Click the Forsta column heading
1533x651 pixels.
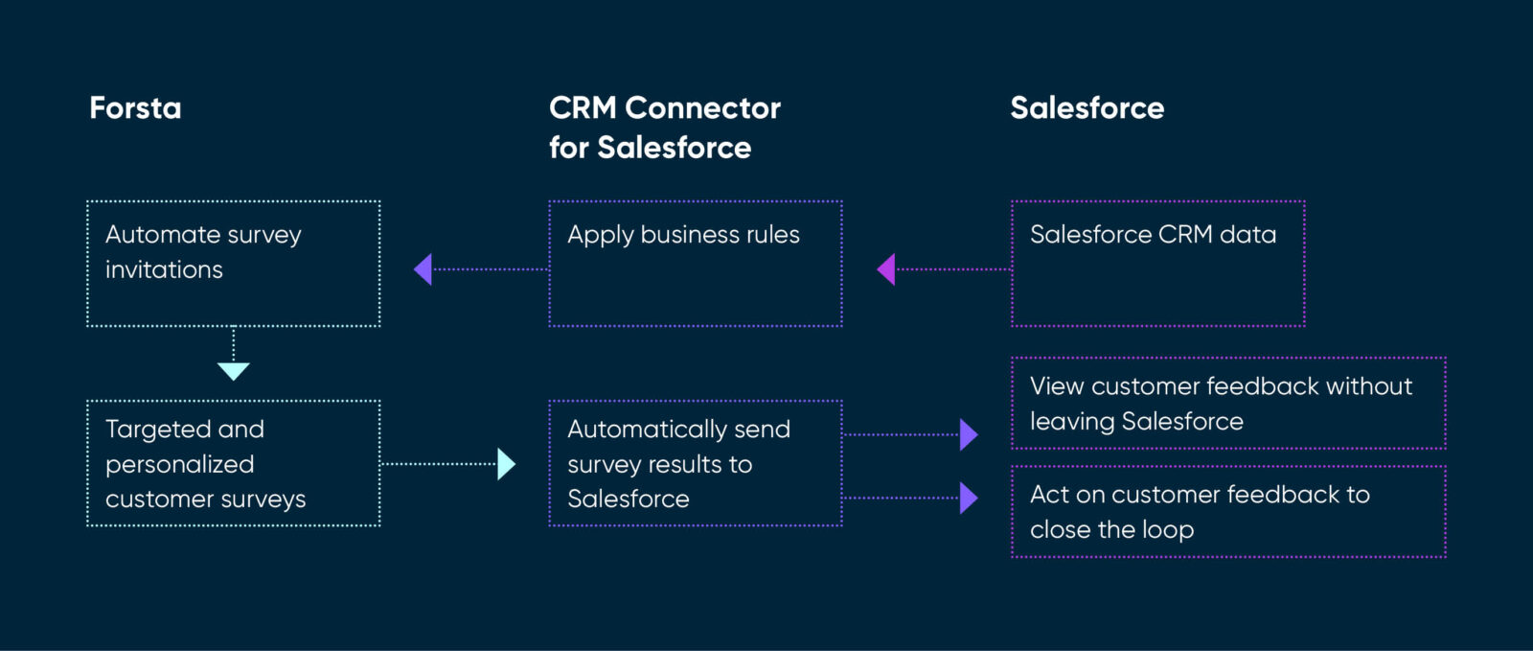[x=135, y=107]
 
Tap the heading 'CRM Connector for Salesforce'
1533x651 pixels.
[x=665, y=128]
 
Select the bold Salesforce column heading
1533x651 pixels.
[x=1087, y=107]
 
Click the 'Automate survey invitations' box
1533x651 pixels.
[x=233, y=264]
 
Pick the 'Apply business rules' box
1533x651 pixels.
[x=695, y=264]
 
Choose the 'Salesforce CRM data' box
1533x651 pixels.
[x=1157, y=264]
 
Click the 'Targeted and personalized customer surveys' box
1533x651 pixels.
[x=233, y=463]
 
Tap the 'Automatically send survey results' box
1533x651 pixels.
[x=695, y=463]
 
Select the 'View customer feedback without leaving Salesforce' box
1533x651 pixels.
[x=1227, y=404]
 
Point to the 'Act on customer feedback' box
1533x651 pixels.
[x=1227, y=512]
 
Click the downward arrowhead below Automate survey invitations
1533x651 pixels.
[x=234, y=371]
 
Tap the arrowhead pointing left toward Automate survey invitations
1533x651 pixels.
[x=423, y=269]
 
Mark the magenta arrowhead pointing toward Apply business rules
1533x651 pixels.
[x=886, y=269]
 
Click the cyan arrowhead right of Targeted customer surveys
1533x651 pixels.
[x=506, y=464]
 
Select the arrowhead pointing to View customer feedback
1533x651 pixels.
[x=969, y=434]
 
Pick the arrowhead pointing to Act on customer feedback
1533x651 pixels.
[x=969, y=498]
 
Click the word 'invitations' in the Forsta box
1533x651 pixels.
[x=164, y=270]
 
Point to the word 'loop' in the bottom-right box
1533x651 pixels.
[x=1168, y=530]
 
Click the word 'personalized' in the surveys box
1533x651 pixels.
[x=179, y=465]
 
